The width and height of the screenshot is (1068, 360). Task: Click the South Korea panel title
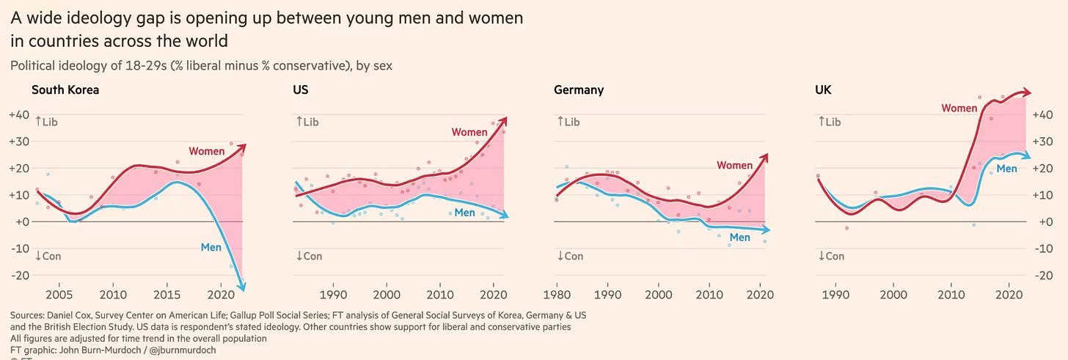pyautogui.click(x=65, y=90)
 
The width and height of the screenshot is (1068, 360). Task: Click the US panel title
pyautogui.click(x=300, y=90)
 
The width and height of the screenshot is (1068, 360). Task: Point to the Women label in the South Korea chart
pyautogui.click(x=207, y=151)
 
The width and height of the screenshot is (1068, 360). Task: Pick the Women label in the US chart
pyautogui.click(x=469, y=132)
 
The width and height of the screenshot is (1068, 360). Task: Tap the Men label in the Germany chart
pyautogui.click(x=739, y=237)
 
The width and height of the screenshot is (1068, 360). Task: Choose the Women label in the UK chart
pyautogui.click(x=959, y=108)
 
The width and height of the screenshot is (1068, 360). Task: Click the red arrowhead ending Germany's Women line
pyautogui.click(x=765, y=156)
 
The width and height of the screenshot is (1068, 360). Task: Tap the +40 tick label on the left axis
pyautogui.click(x=18, y=115)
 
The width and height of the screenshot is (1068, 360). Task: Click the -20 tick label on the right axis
pyautogui.click(x=1045, y=275)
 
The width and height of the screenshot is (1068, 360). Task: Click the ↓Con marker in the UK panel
pyautogui.click(x=830, y=256)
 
